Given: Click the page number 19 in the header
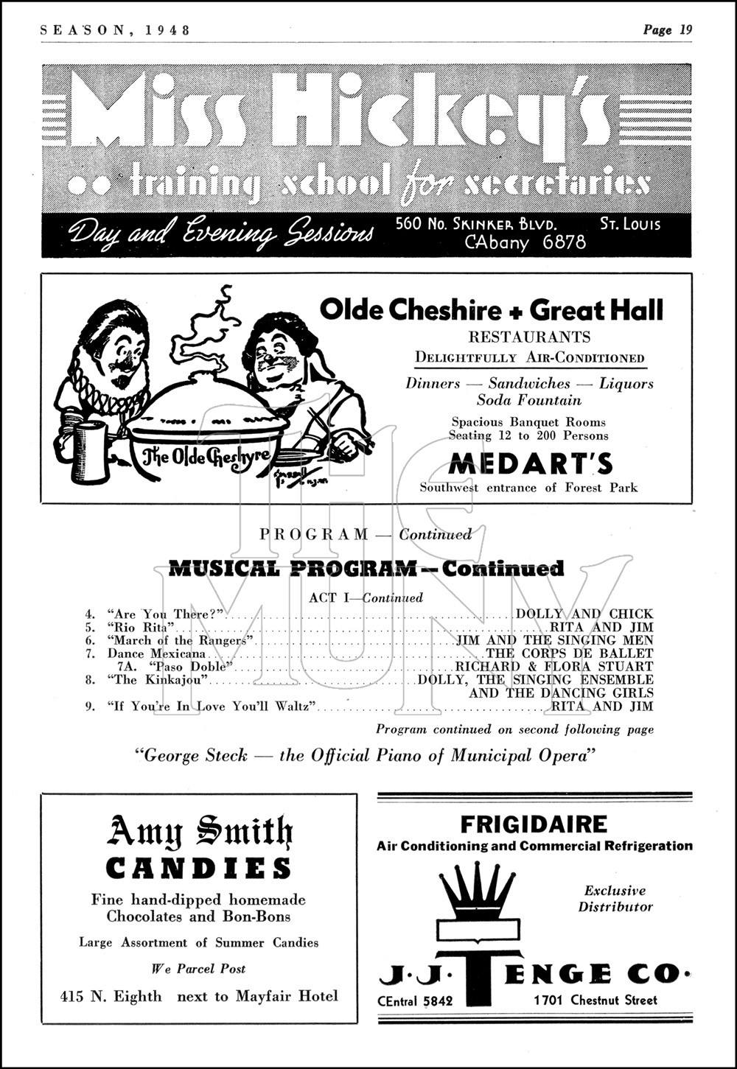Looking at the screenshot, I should [685, 30].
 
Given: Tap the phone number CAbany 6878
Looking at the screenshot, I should [525, 242].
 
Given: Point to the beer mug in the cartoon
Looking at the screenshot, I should [89, 449].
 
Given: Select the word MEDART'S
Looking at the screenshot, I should [531, 464].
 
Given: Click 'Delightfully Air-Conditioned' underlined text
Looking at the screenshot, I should [529, 358].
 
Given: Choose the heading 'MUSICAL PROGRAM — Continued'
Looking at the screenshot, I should [366, 568].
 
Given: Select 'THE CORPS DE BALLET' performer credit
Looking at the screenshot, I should [569, 653].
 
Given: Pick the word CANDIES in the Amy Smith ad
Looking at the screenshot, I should [198, 869].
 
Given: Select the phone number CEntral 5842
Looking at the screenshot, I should [415, 1000].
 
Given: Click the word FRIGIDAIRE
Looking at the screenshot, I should [534, 824].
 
